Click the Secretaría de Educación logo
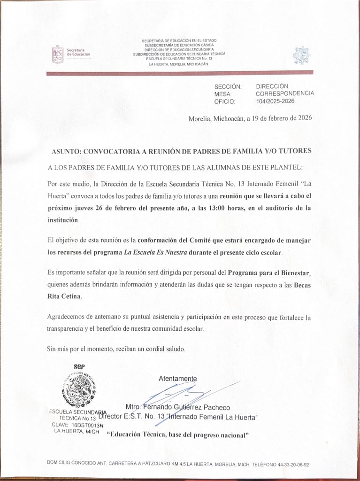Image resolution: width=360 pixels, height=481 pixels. (x=71, y=54)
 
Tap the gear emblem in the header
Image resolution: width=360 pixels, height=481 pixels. (x=302, y=55)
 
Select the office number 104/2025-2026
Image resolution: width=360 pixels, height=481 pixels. (x=275, y=101)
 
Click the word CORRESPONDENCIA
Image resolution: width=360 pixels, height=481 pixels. (x=285, y=93)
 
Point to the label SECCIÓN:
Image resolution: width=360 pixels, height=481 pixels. (x=228, y=87)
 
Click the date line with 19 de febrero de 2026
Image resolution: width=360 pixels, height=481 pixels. (x=250, y=118)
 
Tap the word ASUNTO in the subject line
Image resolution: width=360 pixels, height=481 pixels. (x=65, y=151)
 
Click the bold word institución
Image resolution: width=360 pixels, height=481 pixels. (x=63, y=220)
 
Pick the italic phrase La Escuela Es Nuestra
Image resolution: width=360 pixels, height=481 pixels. (x=155, y=252)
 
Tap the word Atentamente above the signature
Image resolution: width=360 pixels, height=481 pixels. (x=178, y=379)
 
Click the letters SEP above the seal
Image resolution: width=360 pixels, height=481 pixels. (x=79, y=367)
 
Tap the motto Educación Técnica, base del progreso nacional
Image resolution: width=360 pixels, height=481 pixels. (x=178, y=435)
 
